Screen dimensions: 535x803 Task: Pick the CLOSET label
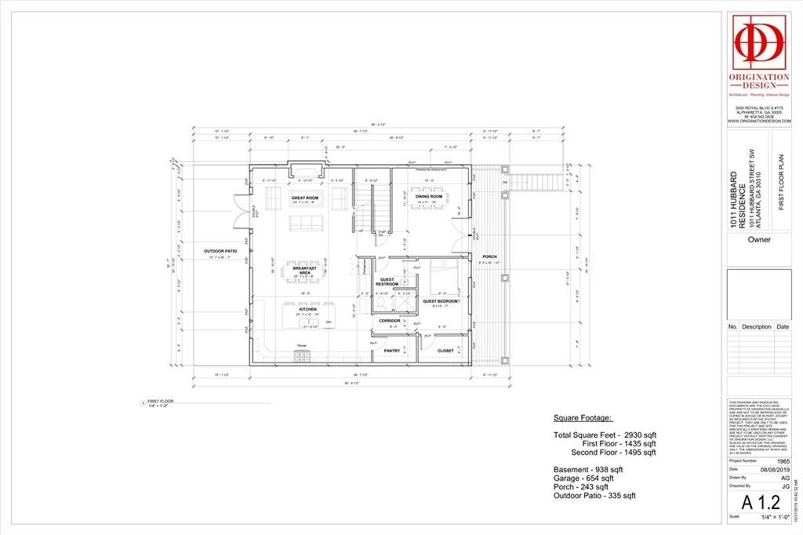coord(445,351)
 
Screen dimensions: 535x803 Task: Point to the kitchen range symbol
coord(302,355)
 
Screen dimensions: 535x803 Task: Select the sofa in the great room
coord(306,223)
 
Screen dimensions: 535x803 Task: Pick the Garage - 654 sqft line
coord(583,478)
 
